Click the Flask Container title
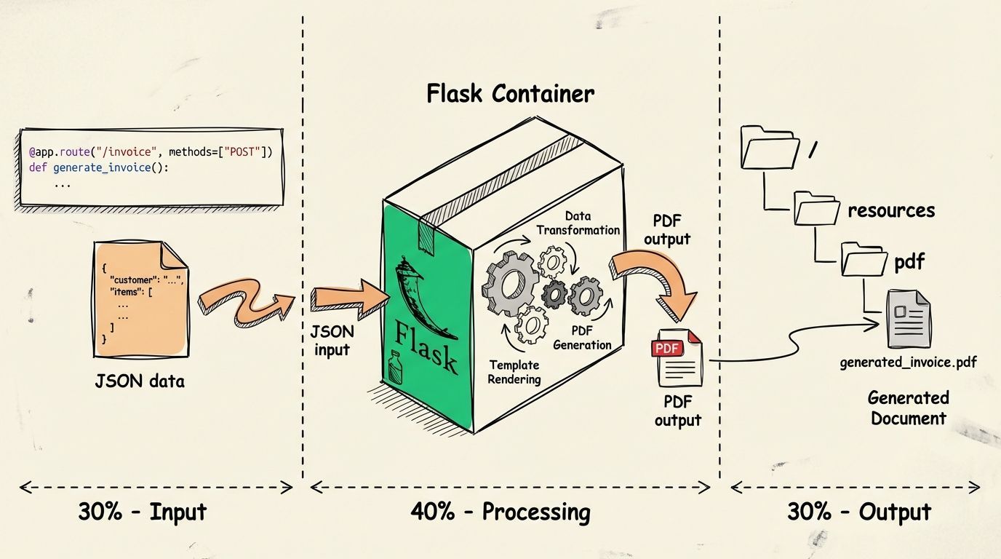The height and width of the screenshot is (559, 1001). coord(510,94)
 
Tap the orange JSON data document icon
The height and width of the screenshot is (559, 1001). coord(140,301)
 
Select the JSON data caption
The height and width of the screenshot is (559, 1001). coord(140,381)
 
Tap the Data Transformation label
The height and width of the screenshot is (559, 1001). coord(578,223)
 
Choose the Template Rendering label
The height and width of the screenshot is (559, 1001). coord(514,372)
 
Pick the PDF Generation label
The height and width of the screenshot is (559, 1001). coord(582,338)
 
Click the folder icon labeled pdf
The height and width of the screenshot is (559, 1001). coord(864,259)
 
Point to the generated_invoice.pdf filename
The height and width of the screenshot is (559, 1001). coord(908,362)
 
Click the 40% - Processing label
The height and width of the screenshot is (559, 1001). coord(500,512)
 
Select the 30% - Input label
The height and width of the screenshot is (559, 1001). coord(143,512)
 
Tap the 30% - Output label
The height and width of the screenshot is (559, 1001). coord(858,512)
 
